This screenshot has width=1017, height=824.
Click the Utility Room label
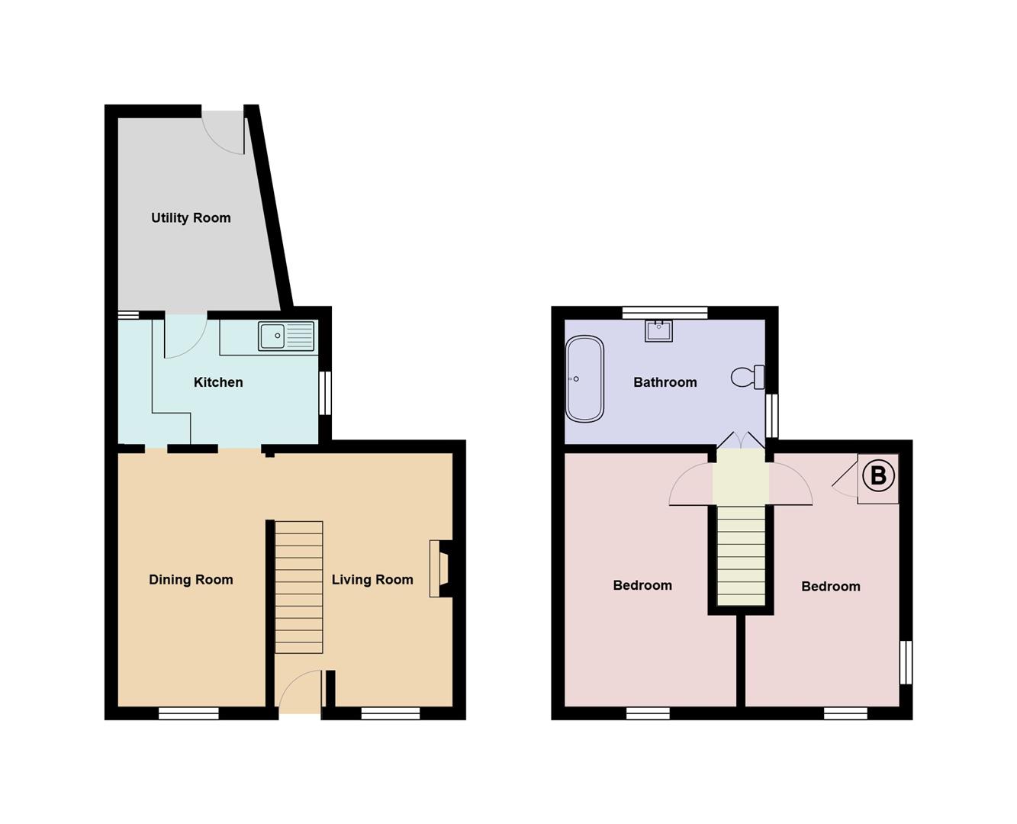coord(191,218)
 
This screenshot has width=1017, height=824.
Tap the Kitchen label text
coord(218,382)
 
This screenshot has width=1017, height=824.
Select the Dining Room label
coord(191,580)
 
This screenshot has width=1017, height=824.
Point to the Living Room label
coord(372,580)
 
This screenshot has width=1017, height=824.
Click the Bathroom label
coord(665,382)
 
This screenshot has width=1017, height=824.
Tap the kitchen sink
coord(286,336)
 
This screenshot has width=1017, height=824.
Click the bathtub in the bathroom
coord(584,378)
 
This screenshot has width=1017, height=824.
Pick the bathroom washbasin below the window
coord(658,330)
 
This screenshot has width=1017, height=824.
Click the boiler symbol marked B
coord(877,477)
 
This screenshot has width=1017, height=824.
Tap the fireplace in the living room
coord(440,568)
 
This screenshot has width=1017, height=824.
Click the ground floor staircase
coord(298,587)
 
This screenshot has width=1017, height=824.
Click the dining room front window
coord(188,713)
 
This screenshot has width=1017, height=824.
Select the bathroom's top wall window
coord(665,312)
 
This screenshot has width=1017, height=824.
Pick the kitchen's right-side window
coord(325,393)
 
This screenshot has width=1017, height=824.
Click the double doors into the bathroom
coord(741,442)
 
